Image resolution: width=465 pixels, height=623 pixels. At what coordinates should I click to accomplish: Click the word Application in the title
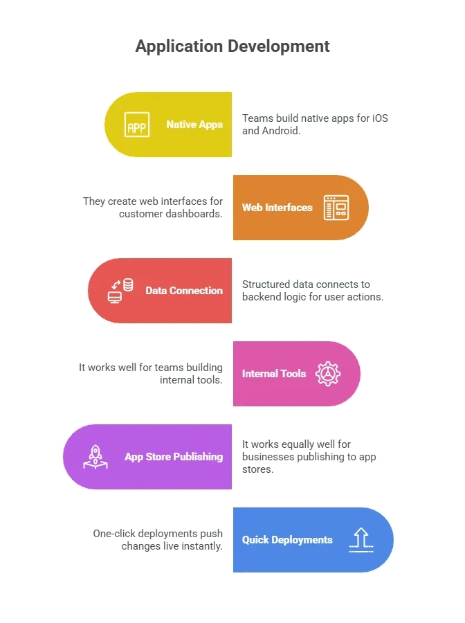[179, 47]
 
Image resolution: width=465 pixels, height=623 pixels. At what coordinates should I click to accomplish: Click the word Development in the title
[279, 46]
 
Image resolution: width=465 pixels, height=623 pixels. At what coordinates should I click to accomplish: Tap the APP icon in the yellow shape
[137, 125]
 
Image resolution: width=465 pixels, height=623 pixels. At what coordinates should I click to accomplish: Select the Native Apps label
[194, 125]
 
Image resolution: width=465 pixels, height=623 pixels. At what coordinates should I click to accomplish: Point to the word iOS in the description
[380, 118]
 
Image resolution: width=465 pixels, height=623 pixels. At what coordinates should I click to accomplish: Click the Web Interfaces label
[277, 208]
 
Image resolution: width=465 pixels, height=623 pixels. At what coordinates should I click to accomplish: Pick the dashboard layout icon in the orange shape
[336, 208]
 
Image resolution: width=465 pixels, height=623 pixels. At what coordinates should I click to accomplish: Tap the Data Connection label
[184, 291]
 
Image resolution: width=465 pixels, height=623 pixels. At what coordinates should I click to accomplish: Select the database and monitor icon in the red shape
[120, 291]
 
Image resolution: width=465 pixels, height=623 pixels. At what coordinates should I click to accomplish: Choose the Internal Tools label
[274, 374]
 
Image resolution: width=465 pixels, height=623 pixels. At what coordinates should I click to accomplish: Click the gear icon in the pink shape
[328, 374]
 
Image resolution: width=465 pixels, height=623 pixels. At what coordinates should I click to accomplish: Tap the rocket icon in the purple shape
[95, 457]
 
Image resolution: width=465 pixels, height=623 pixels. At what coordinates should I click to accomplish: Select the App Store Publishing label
[174, 457]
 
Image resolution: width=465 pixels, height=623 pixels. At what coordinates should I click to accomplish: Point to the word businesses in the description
[268, 457]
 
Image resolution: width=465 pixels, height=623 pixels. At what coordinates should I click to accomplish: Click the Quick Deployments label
[287, 540]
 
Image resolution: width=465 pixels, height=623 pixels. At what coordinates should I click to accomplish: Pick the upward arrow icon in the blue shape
[361, 540]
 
